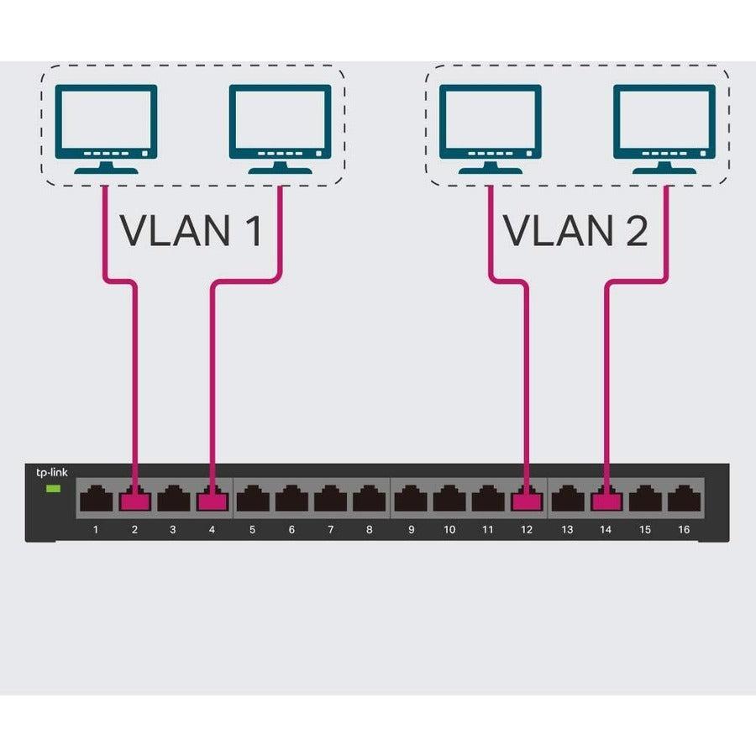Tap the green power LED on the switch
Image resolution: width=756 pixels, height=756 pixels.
(x=53, y=488)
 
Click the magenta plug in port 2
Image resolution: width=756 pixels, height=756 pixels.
(x=134, y=501)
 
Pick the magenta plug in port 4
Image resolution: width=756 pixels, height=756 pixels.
(x=212, y=501)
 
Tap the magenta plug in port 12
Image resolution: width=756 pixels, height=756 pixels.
(x=527, y=501)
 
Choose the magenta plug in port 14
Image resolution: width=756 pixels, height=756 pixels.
(x=606, y=501)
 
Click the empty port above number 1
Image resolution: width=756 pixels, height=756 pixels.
(x=96, y=501)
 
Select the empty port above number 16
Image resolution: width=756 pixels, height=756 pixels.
(x=684, y=501)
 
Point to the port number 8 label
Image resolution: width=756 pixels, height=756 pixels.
(x=370, y=530)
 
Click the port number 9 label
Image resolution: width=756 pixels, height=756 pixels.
(x=411, y=530)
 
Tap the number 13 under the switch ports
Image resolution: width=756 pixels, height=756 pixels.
(x=567, y=530)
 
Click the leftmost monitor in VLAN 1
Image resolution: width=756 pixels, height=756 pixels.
(x=106, y=126)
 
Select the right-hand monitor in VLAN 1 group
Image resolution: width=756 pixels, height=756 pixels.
(x=280, y=126)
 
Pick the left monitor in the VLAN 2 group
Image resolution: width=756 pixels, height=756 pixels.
(x=491, y=126)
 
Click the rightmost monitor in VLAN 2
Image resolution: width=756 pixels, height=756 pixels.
(x=664, y=126)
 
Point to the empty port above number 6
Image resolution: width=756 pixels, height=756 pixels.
(x=291, y=501)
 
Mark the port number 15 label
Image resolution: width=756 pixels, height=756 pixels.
(x=645, y=530)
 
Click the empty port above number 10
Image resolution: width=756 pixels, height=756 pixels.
(x=449, y=501)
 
